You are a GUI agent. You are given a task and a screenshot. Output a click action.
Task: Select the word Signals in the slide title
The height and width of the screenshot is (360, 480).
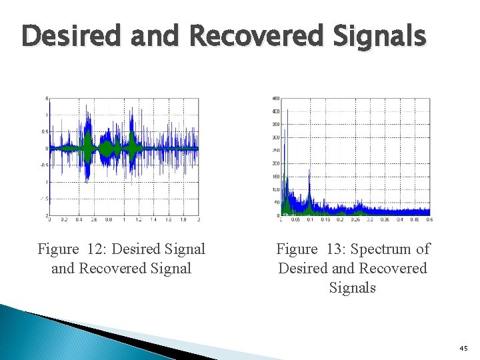pyautogui.click(x=383, y=35)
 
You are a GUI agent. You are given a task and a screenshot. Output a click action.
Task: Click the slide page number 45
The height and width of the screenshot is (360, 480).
pyautogui.click(x=464, y=349)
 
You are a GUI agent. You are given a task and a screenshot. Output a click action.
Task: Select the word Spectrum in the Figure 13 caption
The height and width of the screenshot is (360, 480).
pyautogui.click(x=384, y=249)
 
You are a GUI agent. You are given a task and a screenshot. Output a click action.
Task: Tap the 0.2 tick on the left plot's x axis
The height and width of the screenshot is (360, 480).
pyautogui.click(x=64, y=219)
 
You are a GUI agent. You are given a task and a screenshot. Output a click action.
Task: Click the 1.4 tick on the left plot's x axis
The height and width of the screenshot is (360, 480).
pyautogui.click(x=153, y=219)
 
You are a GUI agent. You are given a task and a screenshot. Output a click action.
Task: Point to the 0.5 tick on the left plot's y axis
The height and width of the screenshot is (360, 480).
pyautogui.click(x=43, y=131)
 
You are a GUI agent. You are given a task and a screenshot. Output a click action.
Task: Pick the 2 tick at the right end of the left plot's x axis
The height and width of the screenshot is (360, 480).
pyautogui.click(x=198, y=219)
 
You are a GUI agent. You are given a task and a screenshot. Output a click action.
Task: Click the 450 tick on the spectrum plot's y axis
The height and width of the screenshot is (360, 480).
pyautogui.click(x=275, y=99)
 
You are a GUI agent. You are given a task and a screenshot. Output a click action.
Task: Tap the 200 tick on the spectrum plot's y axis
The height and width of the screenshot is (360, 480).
pyautogui.click(x=275, y=163)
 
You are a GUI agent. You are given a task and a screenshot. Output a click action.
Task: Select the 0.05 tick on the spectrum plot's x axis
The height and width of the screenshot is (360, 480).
pyautogui.click(x=295, y=219)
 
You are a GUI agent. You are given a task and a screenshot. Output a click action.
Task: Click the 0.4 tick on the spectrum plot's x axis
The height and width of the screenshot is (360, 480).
pyautogui.click(x=399, y=219)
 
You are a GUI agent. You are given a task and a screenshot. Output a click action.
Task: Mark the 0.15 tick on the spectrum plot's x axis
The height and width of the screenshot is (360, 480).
pyautogui.click(x=325, y=219)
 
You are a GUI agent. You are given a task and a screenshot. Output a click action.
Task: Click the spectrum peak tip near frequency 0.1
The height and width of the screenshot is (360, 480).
pyautogui.click(x=310, y=169)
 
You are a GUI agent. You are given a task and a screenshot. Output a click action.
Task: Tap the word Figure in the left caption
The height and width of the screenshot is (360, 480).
pyautogui.click(x=58, y=249)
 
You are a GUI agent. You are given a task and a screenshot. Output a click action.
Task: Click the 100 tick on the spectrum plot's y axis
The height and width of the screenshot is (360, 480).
pyautogui.click(x=275, y=189)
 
